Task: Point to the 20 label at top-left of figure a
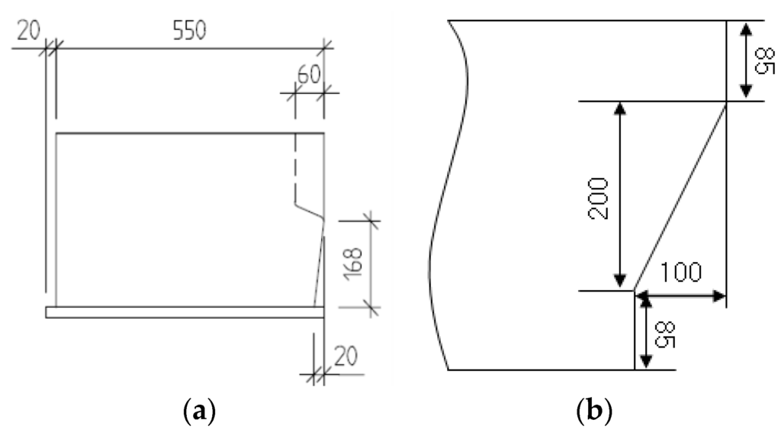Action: click(x=29, y=31)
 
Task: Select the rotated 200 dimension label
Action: click(x=599, y=198)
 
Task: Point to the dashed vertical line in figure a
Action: click(x=296, y=168)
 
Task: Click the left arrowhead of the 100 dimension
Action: click(x=641, y=295)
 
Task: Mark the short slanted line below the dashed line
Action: click(x=310, y=211)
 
